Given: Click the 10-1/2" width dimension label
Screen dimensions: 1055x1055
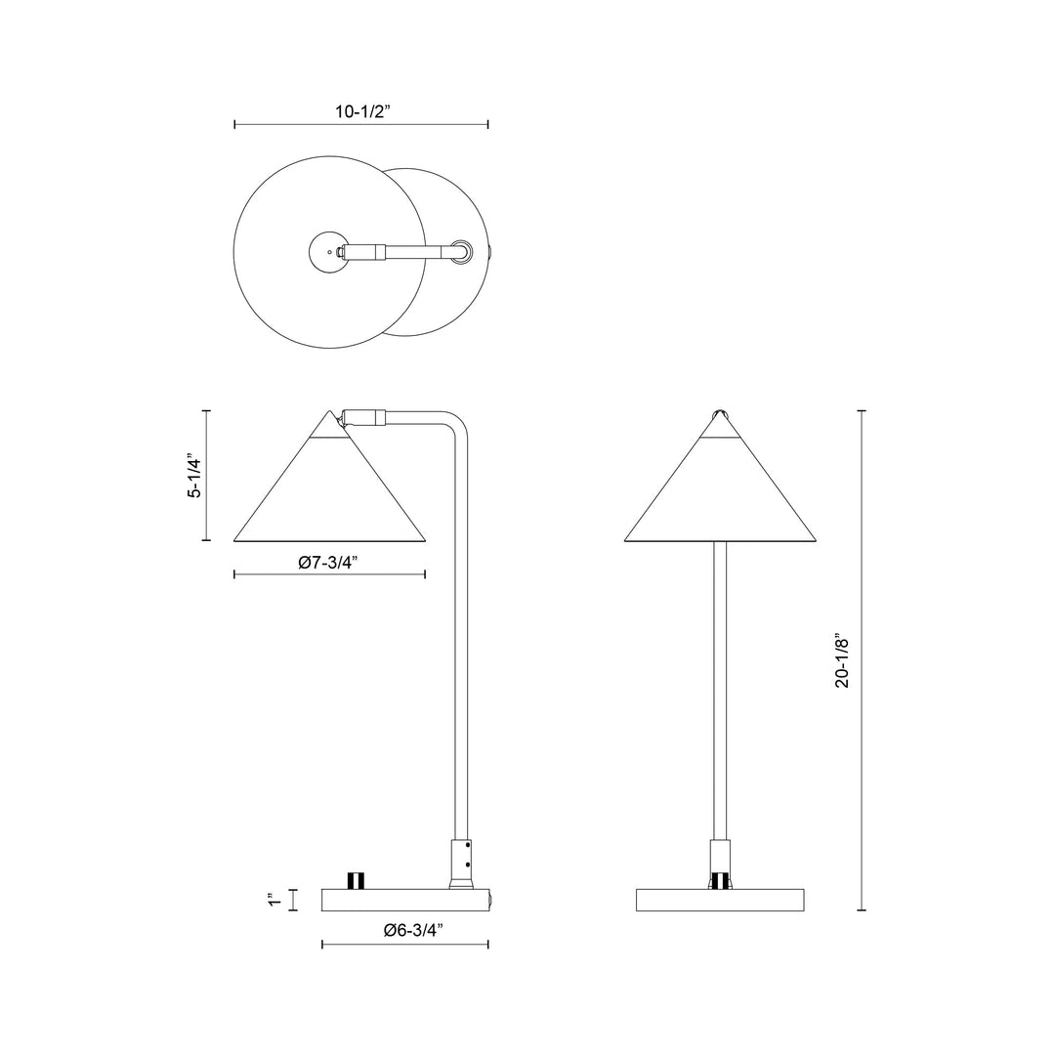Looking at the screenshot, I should pyautogui.click(x=362, y=111).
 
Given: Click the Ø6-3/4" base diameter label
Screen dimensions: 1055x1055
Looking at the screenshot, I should pyautogui.click(x=414, y=930).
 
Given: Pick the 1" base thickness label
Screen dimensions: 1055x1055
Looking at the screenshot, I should pyautogui.click(x=277, y=899).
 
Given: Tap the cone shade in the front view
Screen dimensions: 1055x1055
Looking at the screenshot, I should pyautogui.click(x=720, y=498).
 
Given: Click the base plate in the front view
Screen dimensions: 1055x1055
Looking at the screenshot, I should pyautogui.click(x=720, y=900).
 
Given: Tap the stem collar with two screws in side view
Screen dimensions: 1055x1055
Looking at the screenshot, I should pyautogui.click(x=460, y=859).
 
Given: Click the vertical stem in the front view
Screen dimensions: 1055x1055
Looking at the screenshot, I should pyautogui.click(x=720, y=684).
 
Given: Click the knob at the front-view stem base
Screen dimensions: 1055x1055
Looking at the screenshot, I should pyautogui.click(x=720, y=881).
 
